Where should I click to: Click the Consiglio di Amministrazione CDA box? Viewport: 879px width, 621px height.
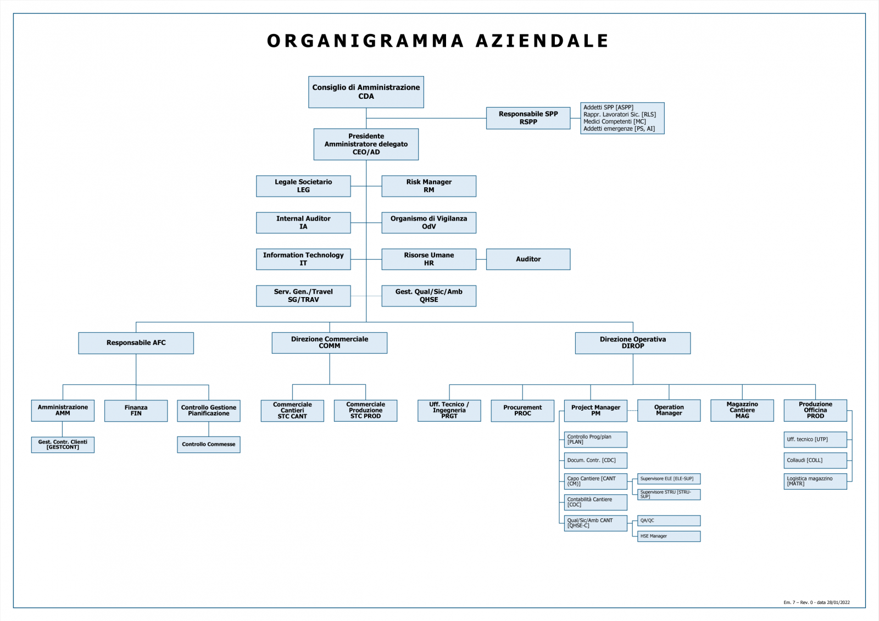[x=366, y=92]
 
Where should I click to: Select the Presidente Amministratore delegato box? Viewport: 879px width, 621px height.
[x=366, y=144]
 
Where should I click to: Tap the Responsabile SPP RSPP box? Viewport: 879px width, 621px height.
[x=528, y=118]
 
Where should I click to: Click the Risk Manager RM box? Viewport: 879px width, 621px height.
[x=429, y=186]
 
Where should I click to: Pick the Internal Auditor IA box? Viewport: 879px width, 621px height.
[x=303, y=222]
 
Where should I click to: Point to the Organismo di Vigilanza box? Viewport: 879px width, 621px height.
[x=429, y=222]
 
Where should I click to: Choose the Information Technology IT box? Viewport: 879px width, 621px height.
[x=303, y=259]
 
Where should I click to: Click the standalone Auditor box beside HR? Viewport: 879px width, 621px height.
[x=528, y=259]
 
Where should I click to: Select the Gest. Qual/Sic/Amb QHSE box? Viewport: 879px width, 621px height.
[x=429, y=296]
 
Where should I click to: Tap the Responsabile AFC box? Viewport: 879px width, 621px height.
[x=136, y=343]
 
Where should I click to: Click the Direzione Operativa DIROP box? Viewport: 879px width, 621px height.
[x=632, y=343]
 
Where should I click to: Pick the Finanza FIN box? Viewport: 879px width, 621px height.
[x=136, y=411]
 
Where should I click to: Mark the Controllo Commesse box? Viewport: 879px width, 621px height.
[x=208, y=444]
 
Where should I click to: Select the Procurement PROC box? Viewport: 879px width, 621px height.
[x=522, y=411]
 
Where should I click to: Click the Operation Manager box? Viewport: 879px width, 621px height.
[x=669, y=411]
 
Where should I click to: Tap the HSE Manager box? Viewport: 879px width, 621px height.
[x=669, y=536]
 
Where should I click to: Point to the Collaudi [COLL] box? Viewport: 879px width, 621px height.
[x=815, y=460]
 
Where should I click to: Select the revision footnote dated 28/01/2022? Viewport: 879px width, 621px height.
[x=816, y=602]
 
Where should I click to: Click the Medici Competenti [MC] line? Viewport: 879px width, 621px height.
[x=615, y=121]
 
